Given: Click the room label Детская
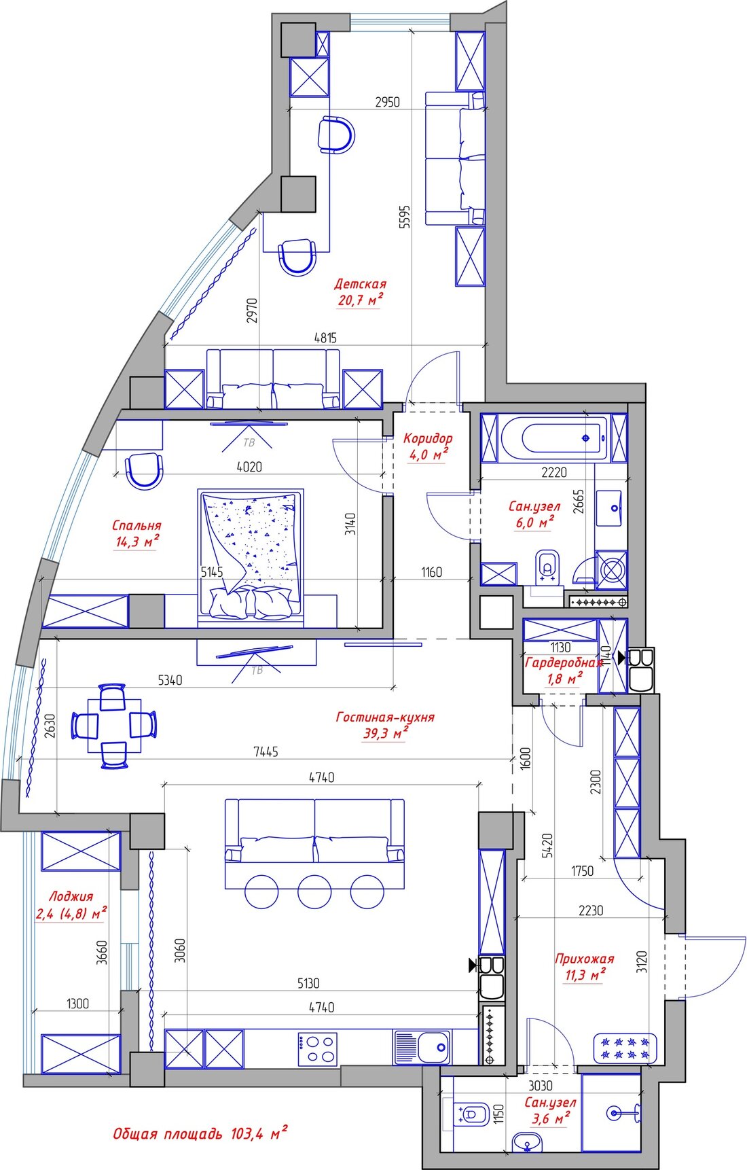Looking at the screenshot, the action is [360, 284].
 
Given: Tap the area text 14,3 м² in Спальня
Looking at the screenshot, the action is [138, 541].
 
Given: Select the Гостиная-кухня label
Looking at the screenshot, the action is [385, 717].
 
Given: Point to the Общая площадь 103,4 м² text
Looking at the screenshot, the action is [200, 1133].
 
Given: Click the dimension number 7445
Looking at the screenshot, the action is [265, 751].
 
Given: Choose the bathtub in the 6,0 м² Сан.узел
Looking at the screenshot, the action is [553, 439].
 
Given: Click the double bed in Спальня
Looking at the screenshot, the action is [251, 556].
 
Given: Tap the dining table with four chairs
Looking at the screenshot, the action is [114, 726].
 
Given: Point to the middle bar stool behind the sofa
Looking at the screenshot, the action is [314, 891].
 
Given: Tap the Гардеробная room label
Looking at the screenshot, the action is [564, 662].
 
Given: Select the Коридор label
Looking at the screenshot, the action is [428, 438].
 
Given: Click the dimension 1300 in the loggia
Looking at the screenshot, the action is [78, 1004].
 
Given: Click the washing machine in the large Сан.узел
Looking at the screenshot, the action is [611, 571].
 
